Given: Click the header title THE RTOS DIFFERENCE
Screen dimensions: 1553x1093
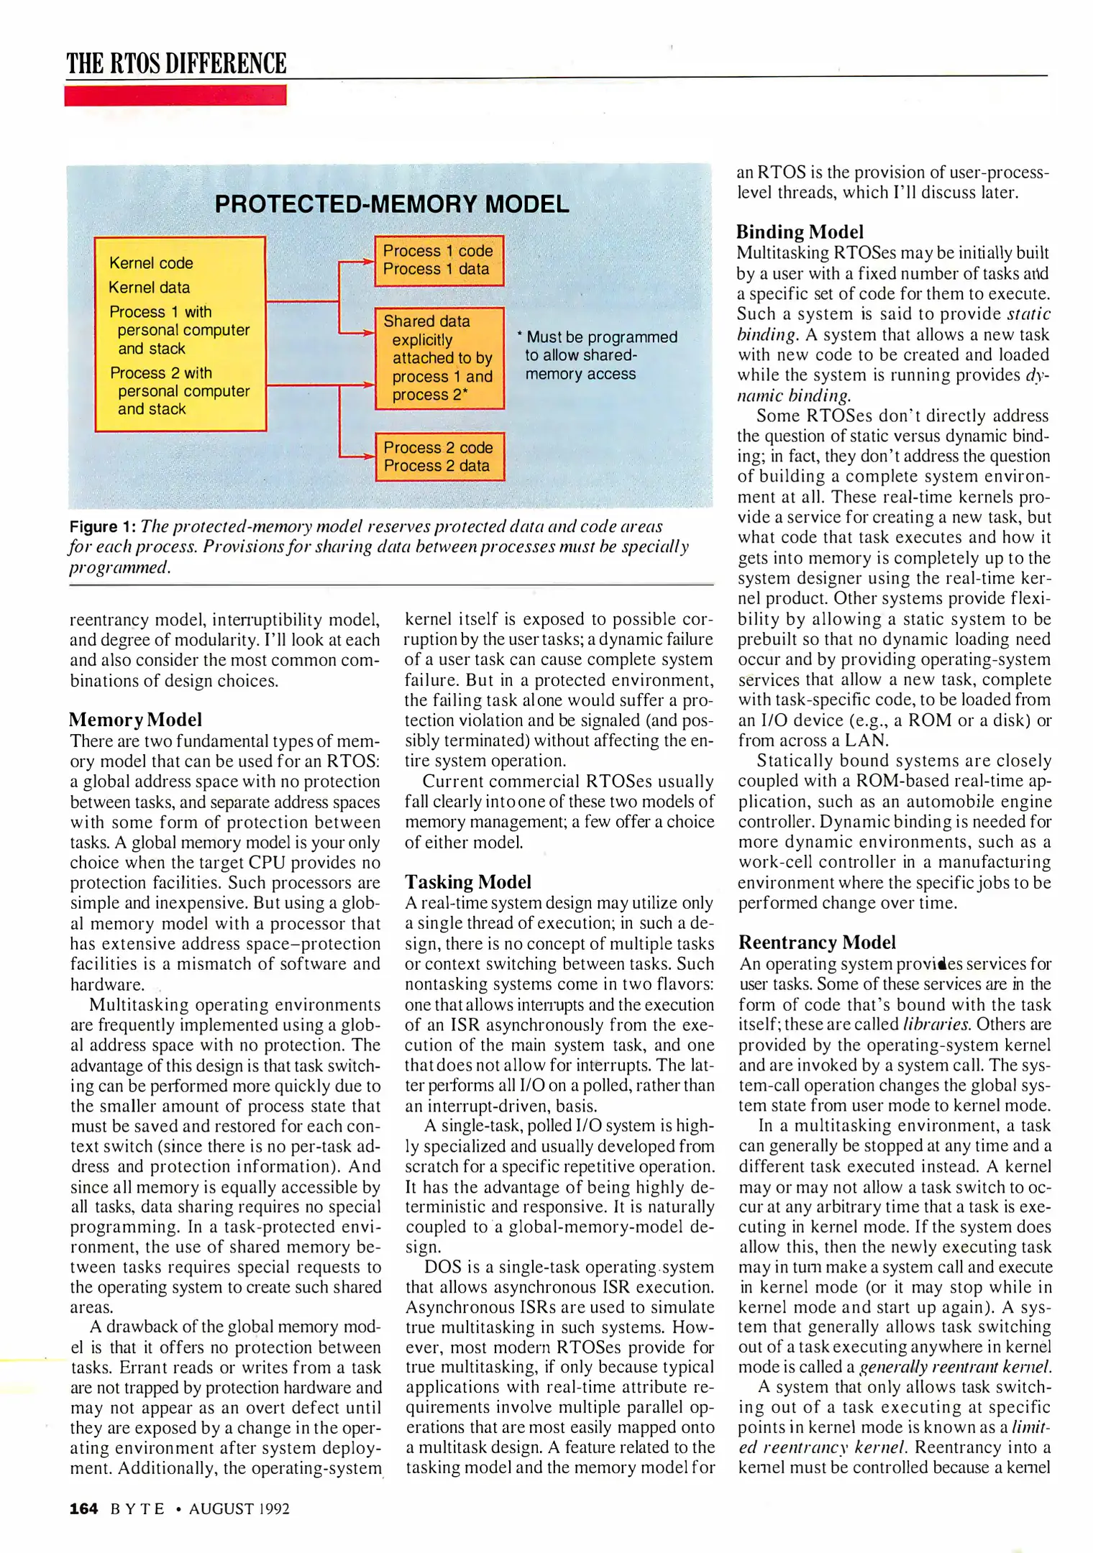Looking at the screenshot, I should [176, 63].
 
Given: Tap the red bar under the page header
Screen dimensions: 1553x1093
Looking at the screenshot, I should [175, 96].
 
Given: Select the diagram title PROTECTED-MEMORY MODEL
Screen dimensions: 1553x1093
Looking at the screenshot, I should [392, 204].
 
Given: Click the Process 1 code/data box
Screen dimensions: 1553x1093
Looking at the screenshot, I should [439, 260].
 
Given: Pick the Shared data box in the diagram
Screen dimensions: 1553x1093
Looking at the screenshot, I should [439, 358].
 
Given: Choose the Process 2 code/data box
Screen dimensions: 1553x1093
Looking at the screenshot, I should [439, 457].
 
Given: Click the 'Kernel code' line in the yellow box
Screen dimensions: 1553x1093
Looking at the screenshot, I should [151, 263].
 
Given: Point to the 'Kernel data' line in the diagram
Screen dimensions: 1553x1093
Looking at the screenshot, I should [150, 288].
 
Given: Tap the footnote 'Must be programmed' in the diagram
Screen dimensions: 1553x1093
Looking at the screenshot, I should [601, 337].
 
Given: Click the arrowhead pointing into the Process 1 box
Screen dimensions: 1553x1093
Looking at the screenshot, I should [369, 262].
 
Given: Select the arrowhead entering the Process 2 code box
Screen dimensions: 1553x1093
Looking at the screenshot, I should [369, 456].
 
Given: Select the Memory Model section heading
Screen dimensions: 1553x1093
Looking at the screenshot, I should [135, 720].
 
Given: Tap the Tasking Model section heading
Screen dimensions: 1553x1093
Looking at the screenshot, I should [468, 882].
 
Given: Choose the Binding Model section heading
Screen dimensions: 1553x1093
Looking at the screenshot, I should [800, 232].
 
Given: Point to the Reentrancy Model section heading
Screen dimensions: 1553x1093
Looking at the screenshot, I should [817, 943].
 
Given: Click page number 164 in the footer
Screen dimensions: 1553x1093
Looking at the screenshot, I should [83, 1509].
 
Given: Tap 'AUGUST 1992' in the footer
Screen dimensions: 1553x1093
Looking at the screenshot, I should [239, 1509].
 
